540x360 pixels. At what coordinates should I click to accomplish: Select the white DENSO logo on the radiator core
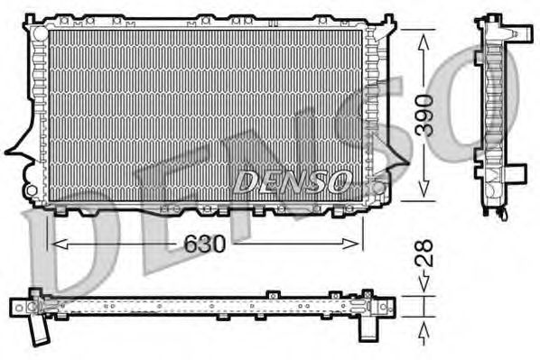pyautogui.click(x=292, y=181)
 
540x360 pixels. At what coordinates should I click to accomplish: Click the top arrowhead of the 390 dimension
pyautogui.click(x=423, y=33)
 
